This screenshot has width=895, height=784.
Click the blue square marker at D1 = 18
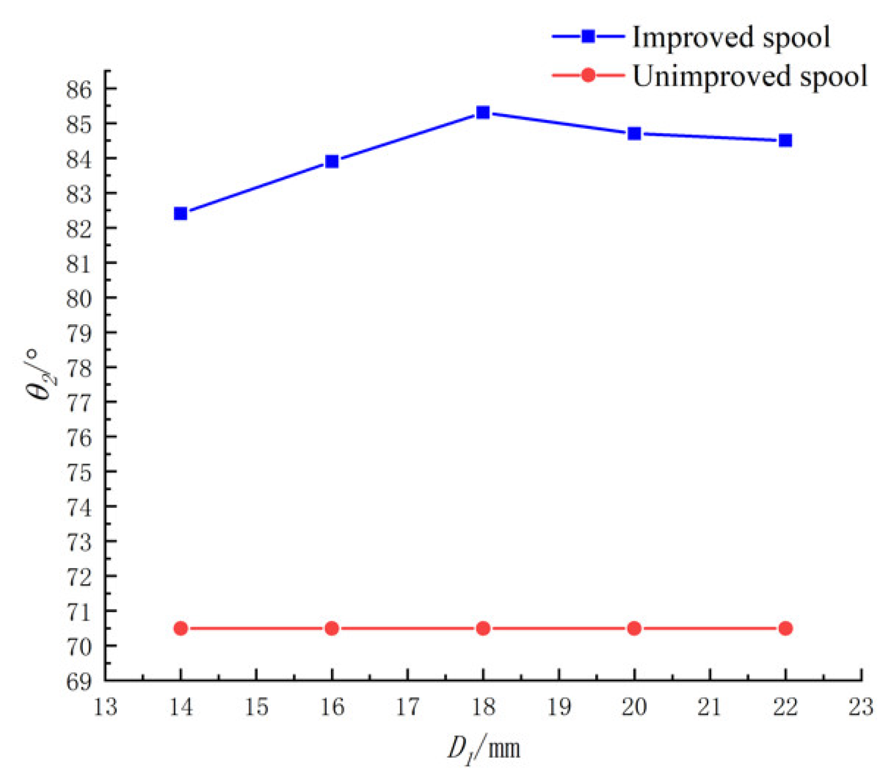483,113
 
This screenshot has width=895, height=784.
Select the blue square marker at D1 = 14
181,214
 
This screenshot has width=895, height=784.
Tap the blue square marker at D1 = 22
785,141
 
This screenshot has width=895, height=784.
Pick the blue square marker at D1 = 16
332,162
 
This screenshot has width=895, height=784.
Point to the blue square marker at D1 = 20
634,134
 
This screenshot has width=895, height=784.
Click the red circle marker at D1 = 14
181,628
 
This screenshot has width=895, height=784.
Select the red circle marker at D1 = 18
483,628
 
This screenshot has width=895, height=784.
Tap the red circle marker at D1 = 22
785,628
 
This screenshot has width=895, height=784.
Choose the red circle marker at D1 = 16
332,628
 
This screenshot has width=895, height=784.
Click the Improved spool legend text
731,38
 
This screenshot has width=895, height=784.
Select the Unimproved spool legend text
749,76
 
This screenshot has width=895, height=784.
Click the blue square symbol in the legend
588,37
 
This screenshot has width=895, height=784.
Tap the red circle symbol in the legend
588,75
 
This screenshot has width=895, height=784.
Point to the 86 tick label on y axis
79,89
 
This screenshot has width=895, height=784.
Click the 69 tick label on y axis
79,682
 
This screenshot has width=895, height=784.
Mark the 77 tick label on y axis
79,403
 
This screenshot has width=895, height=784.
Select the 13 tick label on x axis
105,707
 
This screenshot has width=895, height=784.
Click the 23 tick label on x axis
861,707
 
